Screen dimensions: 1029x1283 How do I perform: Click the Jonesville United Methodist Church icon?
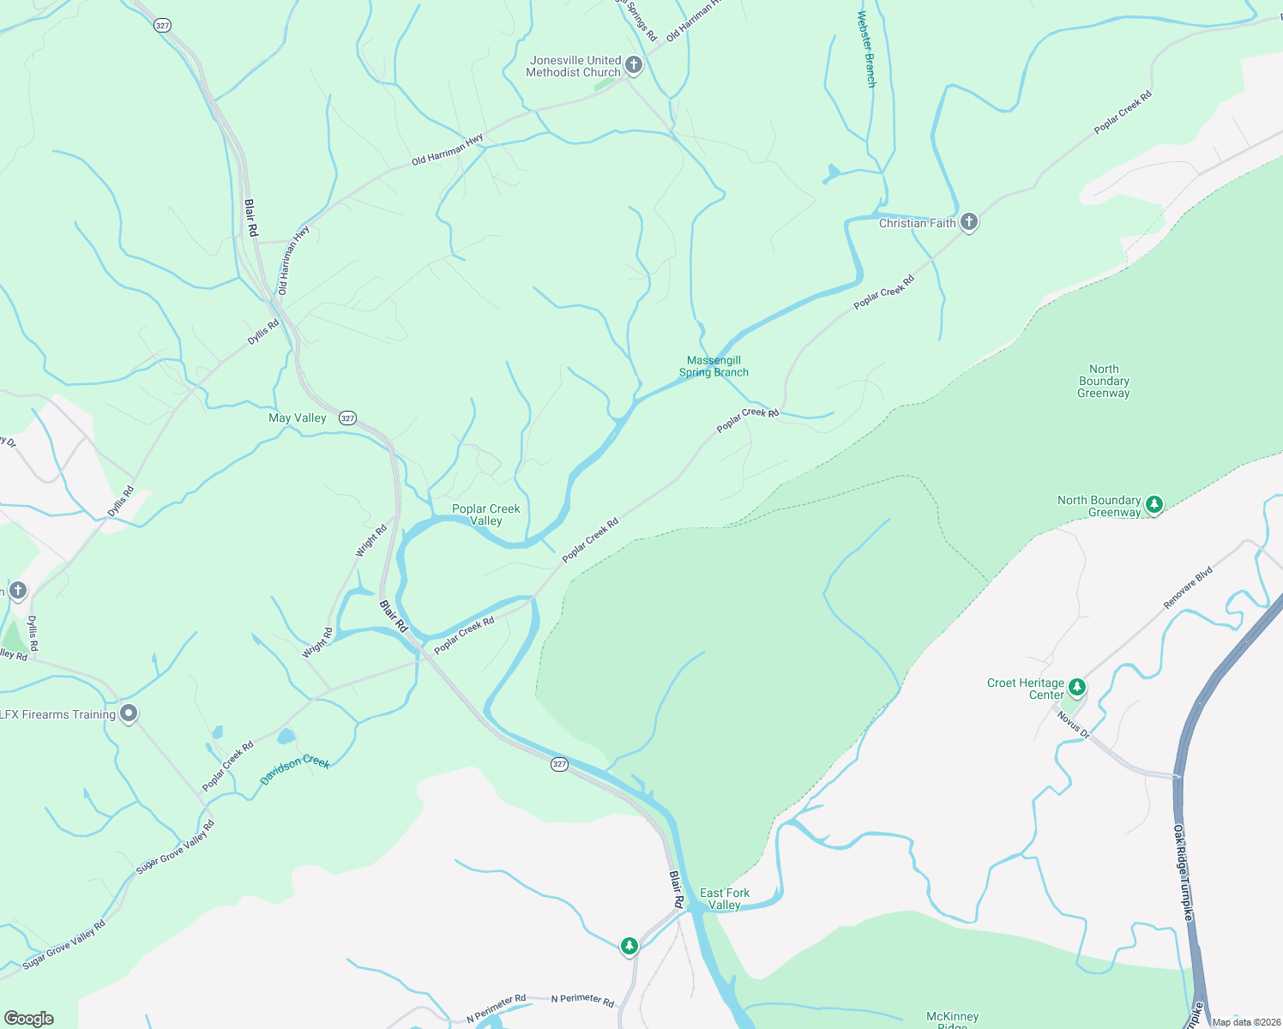point(634,65)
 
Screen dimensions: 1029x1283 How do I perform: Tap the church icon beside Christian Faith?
point(969,222)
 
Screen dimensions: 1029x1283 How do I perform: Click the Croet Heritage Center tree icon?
point(1077,687)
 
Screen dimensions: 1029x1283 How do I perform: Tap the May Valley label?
point(297,418)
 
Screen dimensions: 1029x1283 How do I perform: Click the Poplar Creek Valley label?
point(485,514)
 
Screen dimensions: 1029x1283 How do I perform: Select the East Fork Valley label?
point(725,899)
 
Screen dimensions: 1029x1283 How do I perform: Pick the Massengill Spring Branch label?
point(714,366)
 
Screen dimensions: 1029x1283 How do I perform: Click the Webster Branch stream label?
point(867,49)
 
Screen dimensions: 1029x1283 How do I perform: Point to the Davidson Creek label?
point(295,768)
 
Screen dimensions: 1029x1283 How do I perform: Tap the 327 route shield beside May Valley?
point(347,418)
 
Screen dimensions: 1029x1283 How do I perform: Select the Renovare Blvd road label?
point(1188,587)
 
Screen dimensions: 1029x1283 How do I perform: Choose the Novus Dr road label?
point(1073,725)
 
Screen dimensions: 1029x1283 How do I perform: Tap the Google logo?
point(28,1019)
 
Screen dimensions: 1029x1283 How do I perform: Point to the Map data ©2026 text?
point(1245,1022)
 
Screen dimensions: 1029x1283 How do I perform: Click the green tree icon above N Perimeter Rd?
point(629,946)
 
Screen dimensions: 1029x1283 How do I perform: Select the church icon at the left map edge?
point(18,591)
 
